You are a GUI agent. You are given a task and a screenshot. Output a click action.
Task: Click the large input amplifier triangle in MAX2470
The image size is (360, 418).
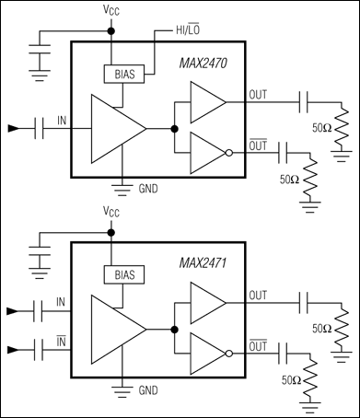115,129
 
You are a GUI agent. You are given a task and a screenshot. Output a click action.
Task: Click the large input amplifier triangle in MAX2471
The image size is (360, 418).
115,329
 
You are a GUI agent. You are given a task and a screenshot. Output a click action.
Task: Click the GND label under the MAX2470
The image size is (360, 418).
146,190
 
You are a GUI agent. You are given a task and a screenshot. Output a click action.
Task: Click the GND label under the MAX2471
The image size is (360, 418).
146,390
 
